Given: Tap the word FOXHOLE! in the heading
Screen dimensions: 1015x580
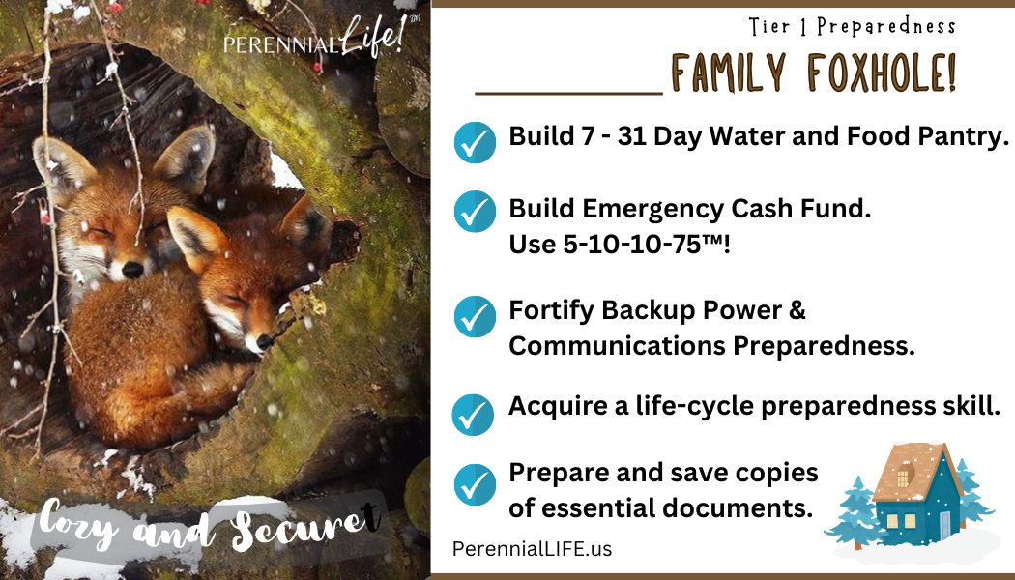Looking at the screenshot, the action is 883,72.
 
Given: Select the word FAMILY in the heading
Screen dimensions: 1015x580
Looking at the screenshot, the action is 729,72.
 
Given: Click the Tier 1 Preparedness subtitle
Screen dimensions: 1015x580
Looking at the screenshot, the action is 852,26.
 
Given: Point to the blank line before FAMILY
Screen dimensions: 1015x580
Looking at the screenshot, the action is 569,94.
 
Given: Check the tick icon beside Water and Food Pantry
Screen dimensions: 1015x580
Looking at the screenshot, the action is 476,142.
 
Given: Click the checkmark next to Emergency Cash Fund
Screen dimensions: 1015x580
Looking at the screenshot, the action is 476,212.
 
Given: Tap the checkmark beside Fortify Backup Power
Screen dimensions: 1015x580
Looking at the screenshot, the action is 476,316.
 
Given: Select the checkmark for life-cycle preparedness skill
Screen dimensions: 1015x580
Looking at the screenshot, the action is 474,415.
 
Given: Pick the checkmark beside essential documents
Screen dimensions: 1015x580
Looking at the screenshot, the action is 476,485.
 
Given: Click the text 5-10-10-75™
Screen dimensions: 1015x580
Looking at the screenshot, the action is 615,245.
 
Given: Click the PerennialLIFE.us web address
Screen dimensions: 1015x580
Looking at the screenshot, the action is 532,549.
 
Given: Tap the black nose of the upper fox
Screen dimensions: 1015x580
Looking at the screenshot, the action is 132,270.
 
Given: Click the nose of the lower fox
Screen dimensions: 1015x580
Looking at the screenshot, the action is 264,342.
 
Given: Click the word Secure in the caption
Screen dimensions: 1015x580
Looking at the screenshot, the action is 305,526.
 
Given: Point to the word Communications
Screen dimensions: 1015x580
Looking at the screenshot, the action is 617,346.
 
